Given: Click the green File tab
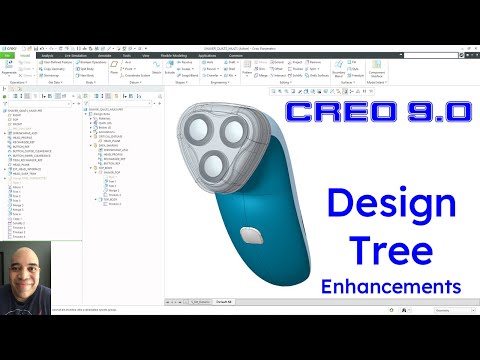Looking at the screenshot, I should tap(8, 55).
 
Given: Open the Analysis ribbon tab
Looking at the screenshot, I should tap(48, 55).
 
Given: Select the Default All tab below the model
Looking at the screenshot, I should tap(224, 299).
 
